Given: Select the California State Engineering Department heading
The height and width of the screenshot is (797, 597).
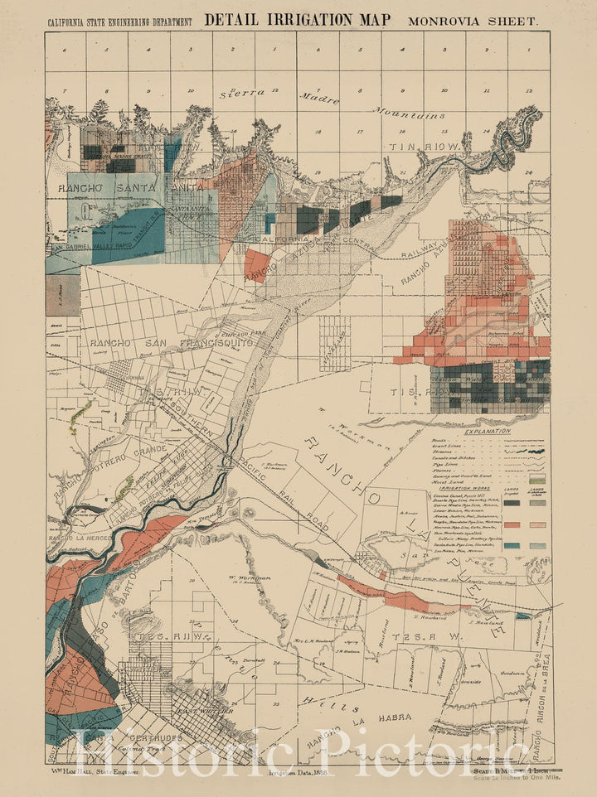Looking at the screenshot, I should [x=121, y=21].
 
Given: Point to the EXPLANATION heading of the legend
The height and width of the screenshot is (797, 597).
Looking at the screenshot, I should [x=488, y=432].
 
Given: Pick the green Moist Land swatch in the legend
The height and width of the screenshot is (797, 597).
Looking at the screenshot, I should [x=537, y=481].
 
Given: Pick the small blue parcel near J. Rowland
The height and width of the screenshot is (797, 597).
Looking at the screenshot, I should [x=522, y=616].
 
